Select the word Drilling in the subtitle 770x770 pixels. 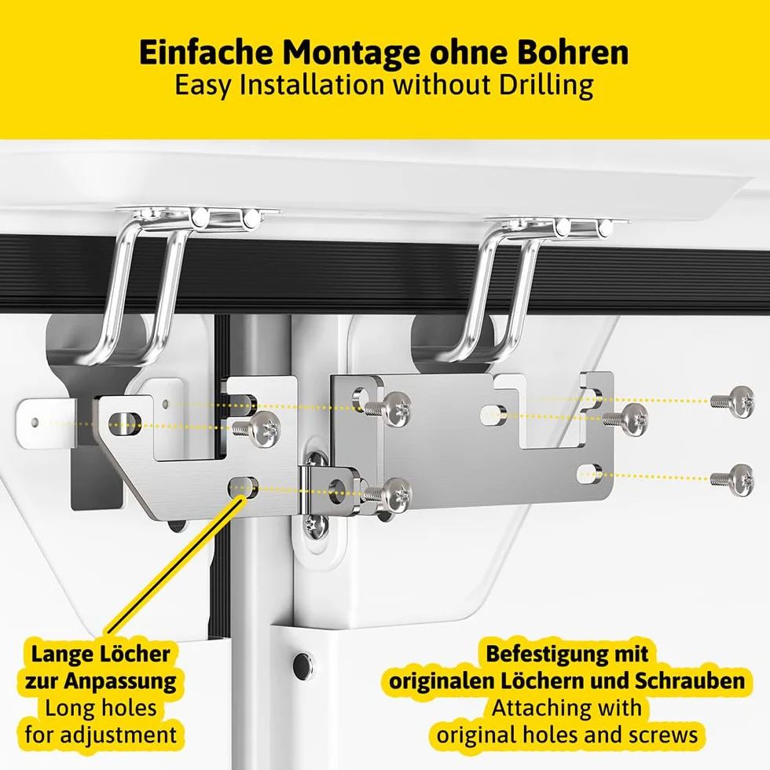546,86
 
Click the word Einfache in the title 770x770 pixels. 206,52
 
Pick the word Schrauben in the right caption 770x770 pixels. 690,680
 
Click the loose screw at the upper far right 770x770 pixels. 732,401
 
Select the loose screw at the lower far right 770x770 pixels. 732,479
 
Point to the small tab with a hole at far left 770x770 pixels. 46,423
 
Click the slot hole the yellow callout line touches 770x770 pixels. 243,486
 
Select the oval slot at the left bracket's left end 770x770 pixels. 125,423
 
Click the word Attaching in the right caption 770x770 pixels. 567,708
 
